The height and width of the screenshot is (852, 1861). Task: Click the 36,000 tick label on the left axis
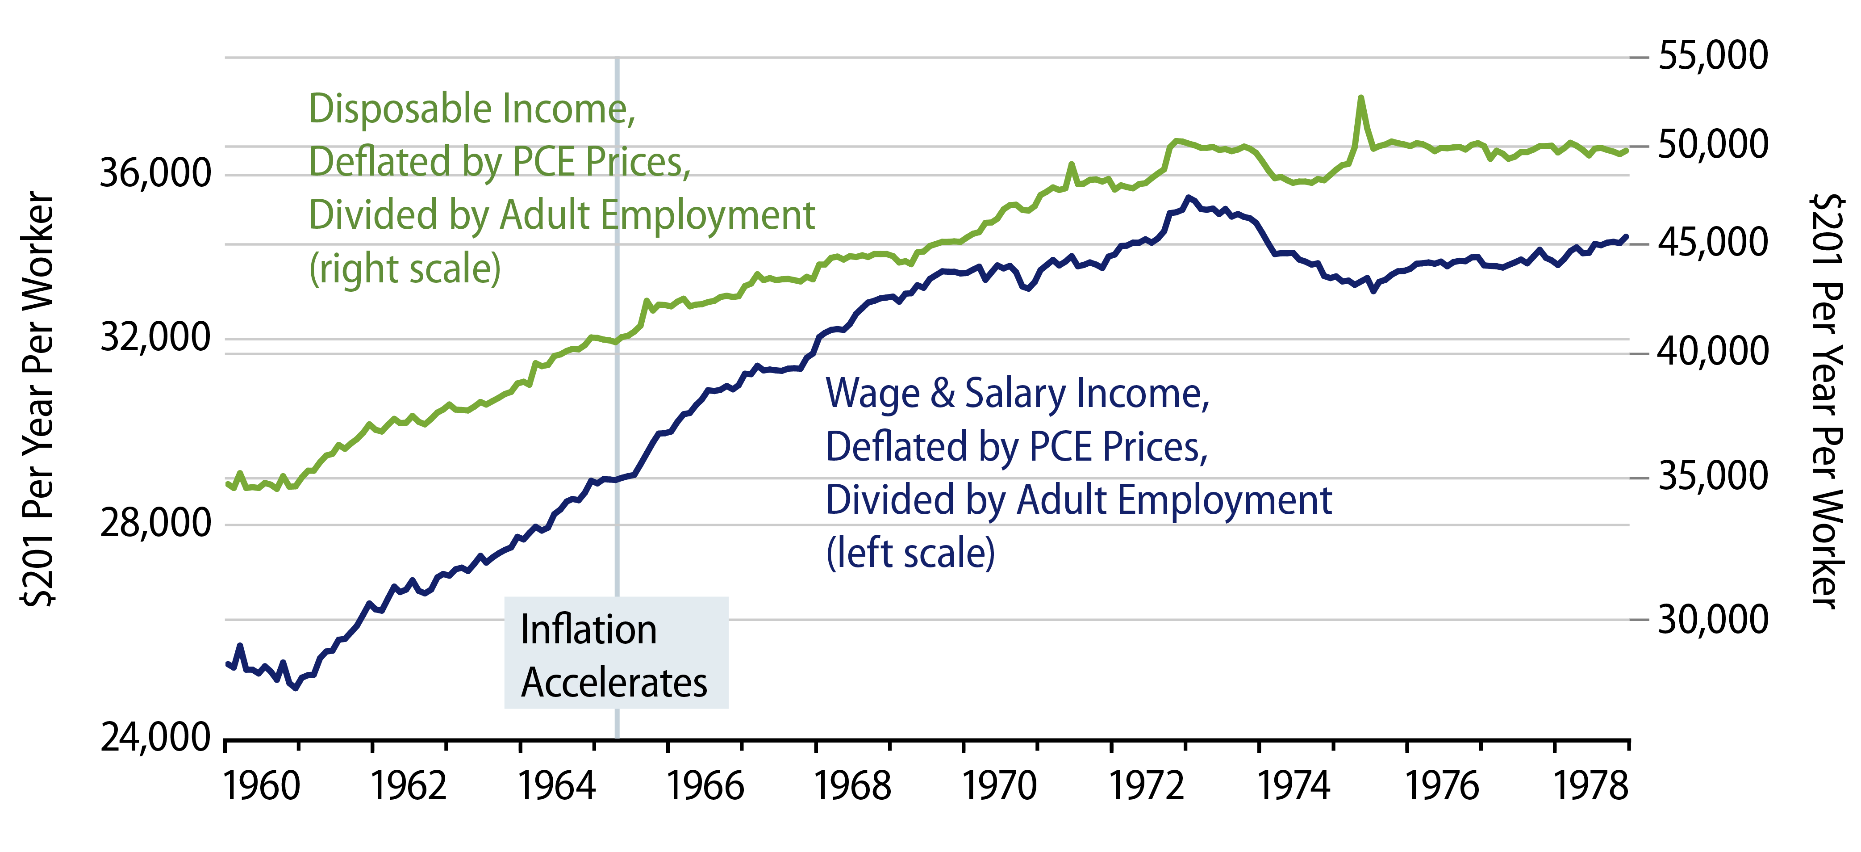(x=154, y=173)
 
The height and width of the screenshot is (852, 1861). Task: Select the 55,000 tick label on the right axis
(x=1712, y=56)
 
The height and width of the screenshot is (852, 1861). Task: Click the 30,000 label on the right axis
(x=1712, y=619)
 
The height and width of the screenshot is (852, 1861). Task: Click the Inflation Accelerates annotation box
(x=616, y=653)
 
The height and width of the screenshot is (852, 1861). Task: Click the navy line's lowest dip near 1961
(x=295, y=687)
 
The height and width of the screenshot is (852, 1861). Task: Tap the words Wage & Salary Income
(x=1017, y=394)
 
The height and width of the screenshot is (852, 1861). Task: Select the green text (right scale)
(x=405, y=269)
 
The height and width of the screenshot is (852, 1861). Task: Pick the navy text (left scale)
(x=910, y=554)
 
